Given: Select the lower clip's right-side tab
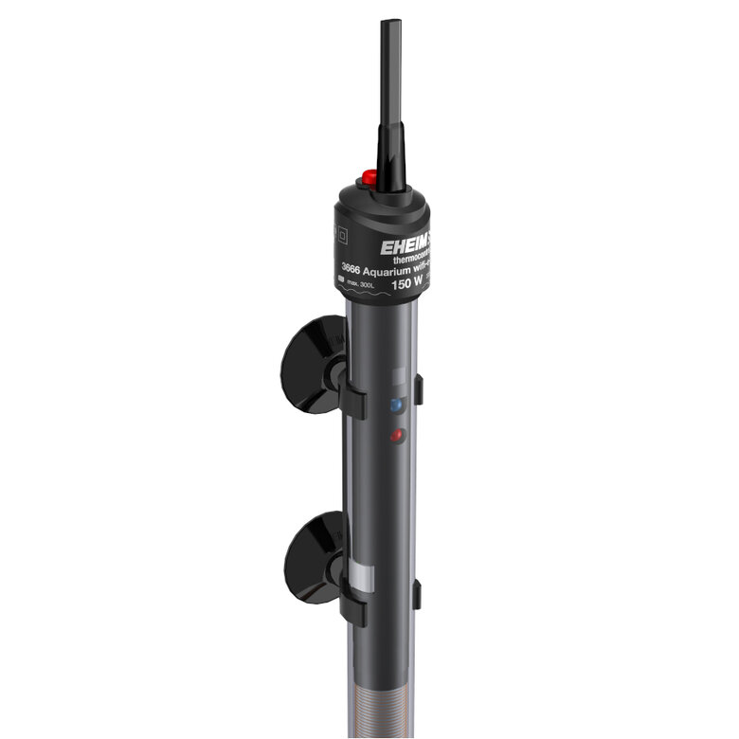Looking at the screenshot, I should [418, 595].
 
